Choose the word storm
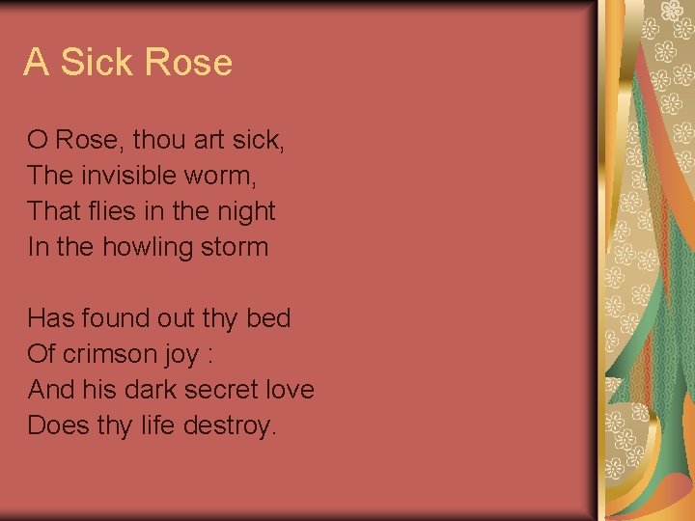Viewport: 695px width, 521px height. pos(235,247)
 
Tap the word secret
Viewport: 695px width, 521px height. pos(229,390)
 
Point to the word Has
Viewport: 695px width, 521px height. pos(47,318)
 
